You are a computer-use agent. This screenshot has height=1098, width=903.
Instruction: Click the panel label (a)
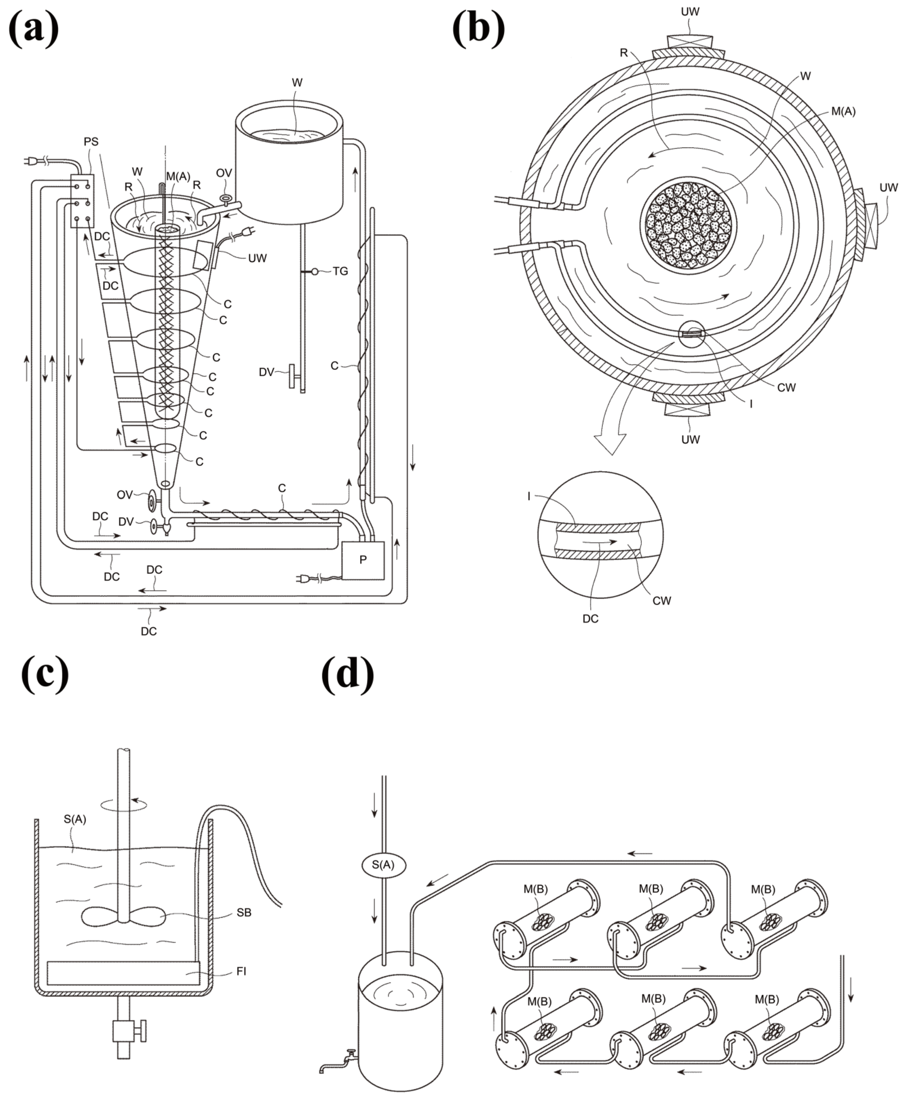pyautogui.click(x=34, y=29)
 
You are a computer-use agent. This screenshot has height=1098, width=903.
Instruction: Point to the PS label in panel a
pyautogui.click(x=91, y=142)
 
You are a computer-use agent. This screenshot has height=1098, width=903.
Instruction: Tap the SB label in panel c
pyautogui.click(x=244, y=913)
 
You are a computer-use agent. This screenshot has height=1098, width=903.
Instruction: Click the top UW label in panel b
pyautogui.click(x=690, y=11)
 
